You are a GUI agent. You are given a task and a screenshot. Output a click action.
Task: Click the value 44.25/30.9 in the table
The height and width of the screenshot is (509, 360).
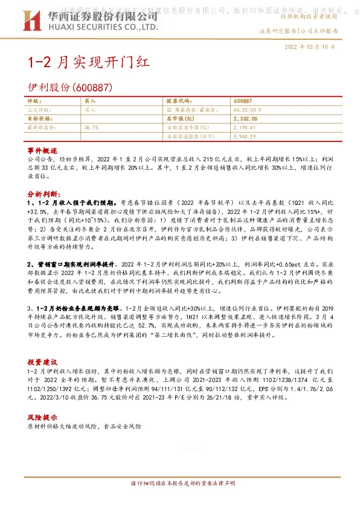click(x=248, y=111)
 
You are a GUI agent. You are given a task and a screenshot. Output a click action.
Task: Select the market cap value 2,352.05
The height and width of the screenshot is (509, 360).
click(x=245, y=119)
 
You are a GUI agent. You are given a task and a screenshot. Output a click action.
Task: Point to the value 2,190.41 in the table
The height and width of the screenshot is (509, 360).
click(x=245, y=128)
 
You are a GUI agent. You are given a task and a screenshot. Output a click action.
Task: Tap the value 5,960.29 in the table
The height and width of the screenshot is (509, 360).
click(x=245, y=137)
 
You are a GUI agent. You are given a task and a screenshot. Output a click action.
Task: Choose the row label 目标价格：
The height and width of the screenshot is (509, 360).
click(x=40, y=119)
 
